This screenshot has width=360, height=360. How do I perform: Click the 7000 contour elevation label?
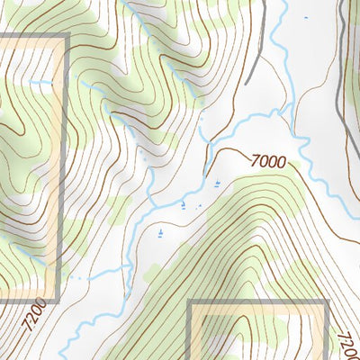point(269,162)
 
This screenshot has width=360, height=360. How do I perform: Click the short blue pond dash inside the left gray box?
point(39,84)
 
